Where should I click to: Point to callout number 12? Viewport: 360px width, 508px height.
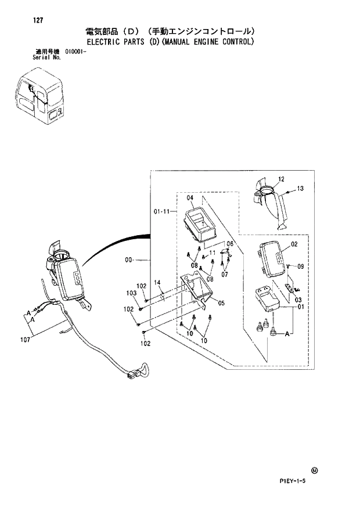click(281, 179)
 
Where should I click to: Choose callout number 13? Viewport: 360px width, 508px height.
click(300, 189)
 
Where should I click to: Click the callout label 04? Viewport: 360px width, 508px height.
click(189, 198)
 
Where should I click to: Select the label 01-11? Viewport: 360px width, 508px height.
click(161, 212)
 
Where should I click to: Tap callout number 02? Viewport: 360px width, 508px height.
click(294, 244)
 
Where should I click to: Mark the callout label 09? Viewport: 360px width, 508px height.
click(300, 266)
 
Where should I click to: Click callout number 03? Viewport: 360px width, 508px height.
click(298, 300)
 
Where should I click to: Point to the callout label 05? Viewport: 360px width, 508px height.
click(221, 302)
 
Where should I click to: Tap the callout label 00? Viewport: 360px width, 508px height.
click(129, 261)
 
